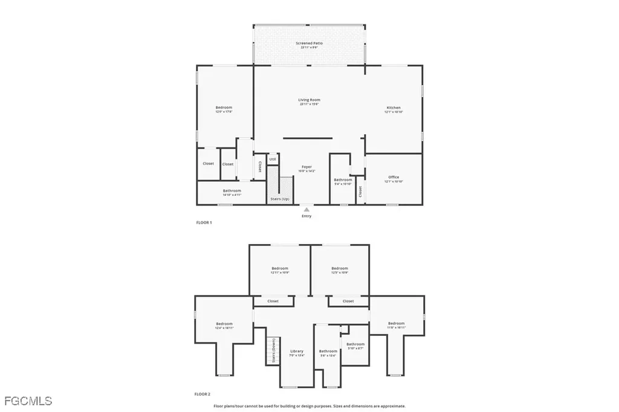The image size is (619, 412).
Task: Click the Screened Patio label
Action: (309, 43)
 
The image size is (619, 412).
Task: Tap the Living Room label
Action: (309, 100)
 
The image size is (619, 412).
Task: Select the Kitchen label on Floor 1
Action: (394, 108)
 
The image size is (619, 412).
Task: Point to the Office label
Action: (394, 177)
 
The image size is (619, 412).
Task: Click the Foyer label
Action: (306, 167)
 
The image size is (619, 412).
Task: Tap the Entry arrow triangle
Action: (306, 210)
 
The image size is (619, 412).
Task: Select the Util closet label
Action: (273, 159)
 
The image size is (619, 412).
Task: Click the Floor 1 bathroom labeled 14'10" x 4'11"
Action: (224, 191)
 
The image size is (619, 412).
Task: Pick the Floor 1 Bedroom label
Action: (224, 108)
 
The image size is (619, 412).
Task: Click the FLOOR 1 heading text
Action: (204, 223)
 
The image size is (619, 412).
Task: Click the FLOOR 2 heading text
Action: (203, 394)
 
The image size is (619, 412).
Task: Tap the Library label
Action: (296, 352)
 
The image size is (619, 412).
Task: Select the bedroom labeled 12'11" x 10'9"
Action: (279, 269)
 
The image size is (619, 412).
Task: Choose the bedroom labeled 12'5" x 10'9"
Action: (340, 269)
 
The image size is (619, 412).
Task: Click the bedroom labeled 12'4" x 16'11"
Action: (224, 324)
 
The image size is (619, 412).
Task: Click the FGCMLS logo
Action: (28, 401)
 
